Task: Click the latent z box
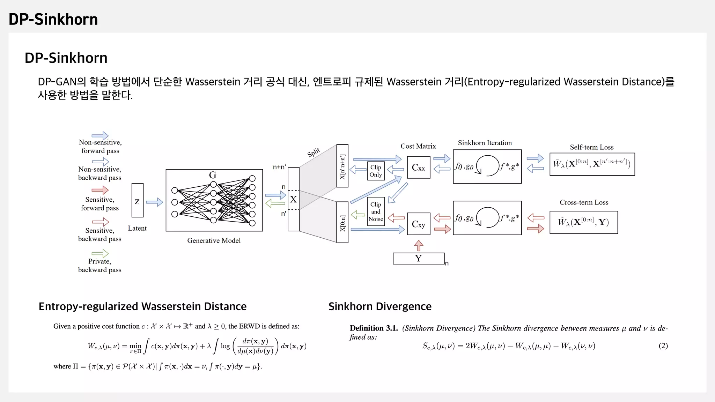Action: coord(138,200)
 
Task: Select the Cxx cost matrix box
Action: coord(419,167)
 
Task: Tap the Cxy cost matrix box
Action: coord(419,224)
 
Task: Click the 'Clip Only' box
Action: coord(376,171)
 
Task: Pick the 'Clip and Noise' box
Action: coord(376,211)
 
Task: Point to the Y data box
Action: coord(419,259)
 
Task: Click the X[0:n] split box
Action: coord(342,222)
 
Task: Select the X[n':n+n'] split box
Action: coord(342,166)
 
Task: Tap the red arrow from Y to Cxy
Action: coord(419,246)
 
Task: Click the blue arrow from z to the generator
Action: coord(154,202)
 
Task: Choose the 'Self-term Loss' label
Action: coord(591,147)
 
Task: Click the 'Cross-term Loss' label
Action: coord(584,202)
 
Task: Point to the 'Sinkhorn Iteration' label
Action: coord(485,143)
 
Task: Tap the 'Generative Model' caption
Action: coord(214,240)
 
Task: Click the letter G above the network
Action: coord(213,175)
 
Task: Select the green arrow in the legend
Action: coord(100,253)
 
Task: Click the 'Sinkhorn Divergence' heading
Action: coord(380,306)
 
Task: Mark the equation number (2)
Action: coord(663,346)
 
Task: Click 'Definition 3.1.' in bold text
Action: coord(374,328)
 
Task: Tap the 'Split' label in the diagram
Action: coord(314,152)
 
